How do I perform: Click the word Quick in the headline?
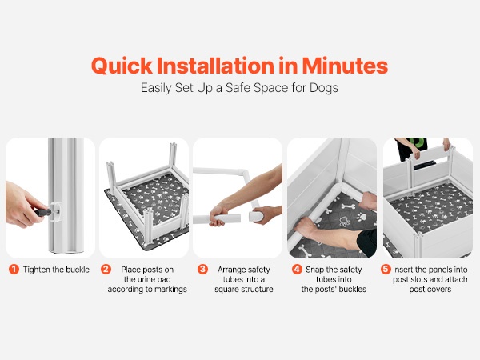(122, 66)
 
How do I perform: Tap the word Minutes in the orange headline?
(345, 66)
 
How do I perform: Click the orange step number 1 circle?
(14, 270)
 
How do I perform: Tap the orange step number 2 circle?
(106, 270)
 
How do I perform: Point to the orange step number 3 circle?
(202, 270)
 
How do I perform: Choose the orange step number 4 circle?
(297, 270)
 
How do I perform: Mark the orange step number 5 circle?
(386, 270)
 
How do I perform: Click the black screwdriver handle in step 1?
(43, 212)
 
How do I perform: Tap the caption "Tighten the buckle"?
(56, 270)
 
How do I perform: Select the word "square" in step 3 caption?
(227, 290)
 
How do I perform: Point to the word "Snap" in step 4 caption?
(315, 270)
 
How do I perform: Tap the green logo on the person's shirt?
(418, 142)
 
